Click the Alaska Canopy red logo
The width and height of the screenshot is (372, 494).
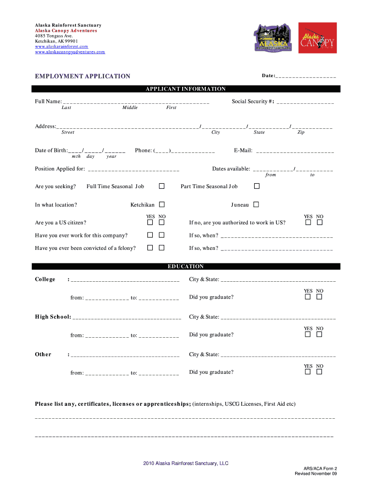(317, 39)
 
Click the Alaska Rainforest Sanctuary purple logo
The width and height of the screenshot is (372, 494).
(273, 39)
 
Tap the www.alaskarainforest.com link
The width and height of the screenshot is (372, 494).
(61, 46)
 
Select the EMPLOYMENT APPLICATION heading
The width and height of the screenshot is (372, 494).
(82, 76)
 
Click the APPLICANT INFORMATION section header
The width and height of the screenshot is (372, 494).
(186, 89)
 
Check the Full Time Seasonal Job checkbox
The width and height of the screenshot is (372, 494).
(162, 186)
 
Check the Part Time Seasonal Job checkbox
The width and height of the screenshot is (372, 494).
(256, 186)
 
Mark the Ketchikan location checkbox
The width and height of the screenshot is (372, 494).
(162, 205)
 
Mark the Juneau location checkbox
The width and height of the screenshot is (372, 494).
(256, 205)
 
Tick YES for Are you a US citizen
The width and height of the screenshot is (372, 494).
(150, 222)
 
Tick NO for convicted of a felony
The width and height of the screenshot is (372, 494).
(162, 247)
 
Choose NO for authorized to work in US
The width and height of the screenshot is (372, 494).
(319, 222)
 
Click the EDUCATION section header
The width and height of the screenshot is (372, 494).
(186, 266)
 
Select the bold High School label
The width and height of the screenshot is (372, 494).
(53, 317)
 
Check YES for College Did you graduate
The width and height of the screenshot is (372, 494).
(308, 297)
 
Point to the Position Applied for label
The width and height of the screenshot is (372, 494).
(60, 169)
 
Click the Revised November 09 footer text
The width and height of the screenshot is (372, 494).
(316, 474)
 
